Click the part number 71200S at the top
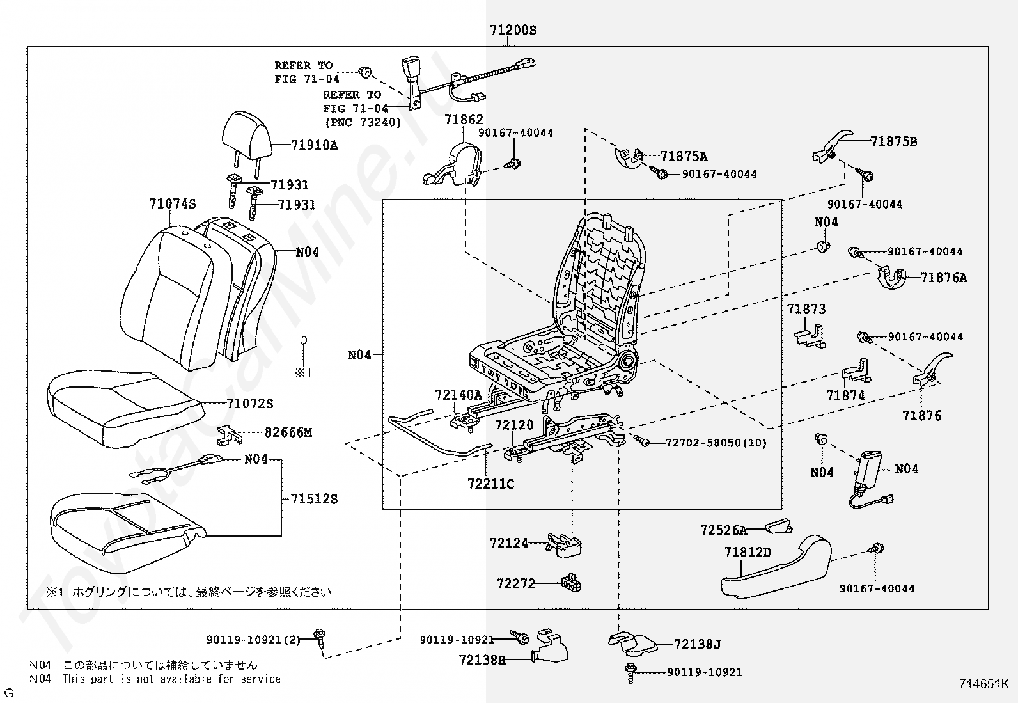[x=513, y=30]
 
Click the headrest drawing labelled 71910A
[x=247, y=136]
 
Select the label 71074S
[x=173, y=203]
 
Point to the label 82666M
[x=288, y=432]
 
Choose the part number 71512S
[x=315, y=499]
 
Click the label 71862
[x=464, y=119]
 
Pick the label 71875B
[x=894, y=141]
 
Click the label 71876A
[x=944, y=278]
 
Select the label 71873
[x=806, y=309]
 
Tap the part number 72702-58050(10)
[x=716, y=443]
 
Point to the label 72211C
[x=491, y=484]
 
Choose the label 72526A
[x=723, y=530]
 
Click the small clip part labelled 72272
[x=572, y=582]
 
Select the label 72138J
[x=698, y=644]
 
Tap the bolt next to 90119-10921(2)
[x=320, y=638]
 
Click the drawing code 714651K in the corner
[x=984, y=684]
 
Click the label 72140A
[x=458, y=395]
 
